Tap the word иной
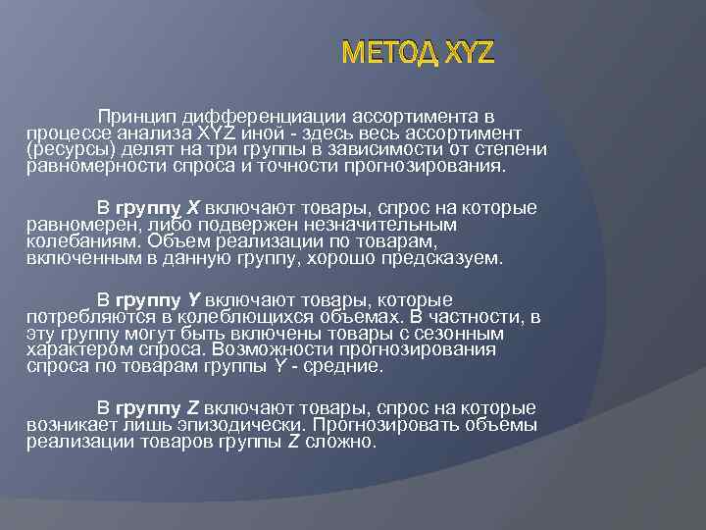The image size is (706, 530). (296, 132)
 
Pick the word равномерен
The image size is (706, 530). (74, 225)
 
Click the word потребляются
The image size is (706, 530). (87, 316)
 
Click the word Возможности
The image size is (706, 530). (295, 349)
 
